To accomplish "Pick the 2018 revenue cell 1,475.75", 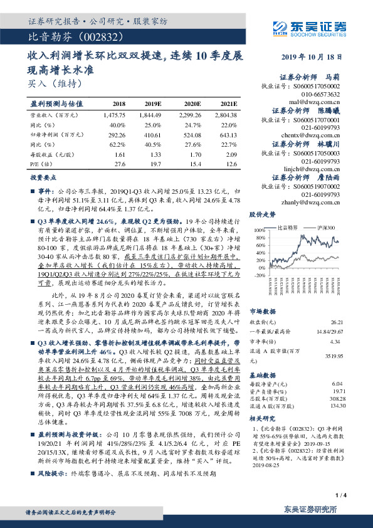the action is coord(113,115).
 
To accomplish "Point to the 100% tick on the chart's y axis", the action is coord(260,231).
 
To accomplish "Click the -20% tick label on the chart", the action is coord(260,275).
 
